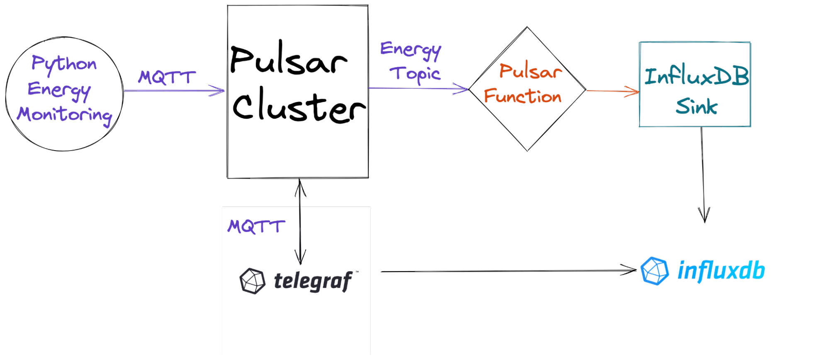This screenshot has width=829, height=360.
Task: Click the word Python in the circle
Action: (64, 64)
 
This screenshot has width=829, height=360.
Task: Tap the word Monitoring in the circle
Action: (65, 115)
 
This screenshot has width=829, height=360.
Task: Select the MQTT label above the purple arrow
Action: (167, 77)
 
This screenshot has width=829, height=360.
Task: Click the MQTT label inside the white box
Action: (256, 226)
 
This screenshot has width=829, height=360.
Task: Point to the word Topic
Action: (415, 74)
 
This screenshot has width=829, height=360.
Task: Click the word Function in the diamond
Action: (523, 97)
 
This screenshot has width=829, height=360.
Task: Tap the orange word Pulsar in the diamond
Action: (530, 71)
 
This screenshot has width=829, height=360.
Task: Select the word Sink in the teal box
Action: (696, 107)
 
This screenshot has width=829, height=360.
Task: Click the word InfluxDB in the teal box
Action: (696, 76)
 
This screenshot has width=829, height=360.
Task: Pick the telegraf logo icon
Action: (252, 281)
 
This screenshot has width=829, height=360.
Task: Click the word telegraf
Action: (313, 281)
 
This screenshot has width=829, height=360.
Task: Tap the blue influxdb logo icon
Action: (654, 271)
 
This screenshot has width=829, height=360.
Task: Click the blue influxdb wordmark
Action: (721, 271)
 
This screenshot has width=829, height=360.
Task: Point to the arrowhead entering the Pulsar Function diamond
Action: (461, 88)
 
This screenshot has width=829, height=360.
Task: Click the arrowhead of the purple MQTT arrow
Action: (218, 90)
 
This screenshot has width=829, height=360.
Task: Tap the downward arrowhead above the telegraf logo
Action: (300, 257)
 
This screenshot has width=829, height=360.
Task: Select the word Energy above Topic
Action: (411, 50)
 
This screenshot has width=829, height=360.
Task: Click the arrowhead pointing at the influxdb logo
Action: (628, 271)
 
